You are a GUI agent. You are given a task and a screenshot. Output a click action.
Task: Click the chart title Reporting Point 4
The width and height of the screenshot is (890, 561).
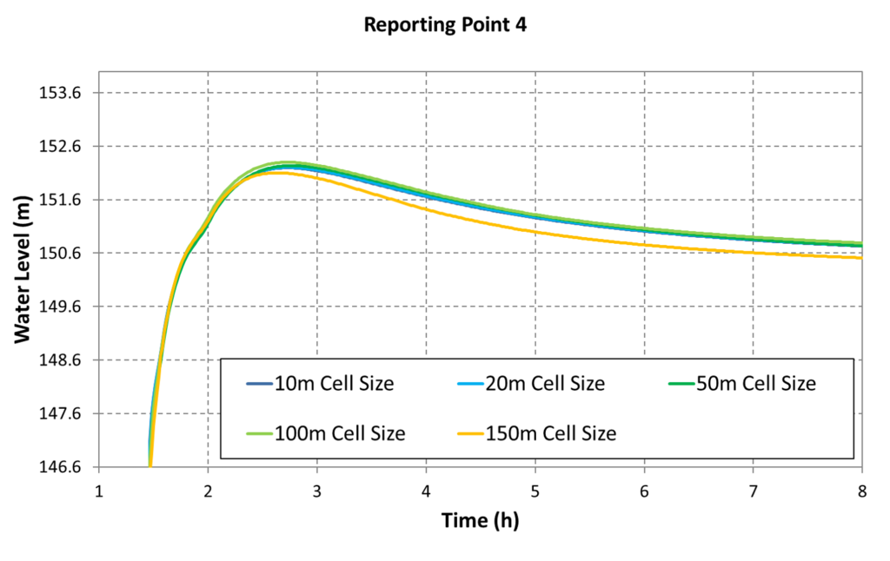pos(445,25)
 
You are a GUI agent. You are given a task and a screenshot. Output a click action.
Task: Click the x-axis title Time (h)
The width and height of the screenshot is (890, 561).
pos(480,521)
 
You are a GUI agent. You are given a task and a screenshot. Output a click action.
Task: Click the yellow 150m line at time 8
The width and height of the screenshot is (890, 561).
pos(860,258)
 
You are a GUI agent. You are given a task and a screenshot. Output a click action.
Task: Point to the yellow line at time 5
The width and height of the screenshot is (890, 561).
pos(535,232)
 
